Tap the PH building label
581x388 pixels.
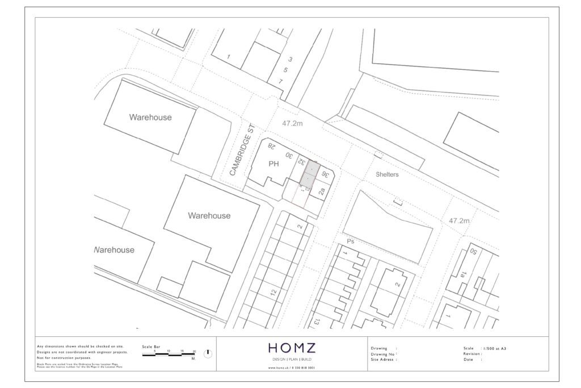point(274,164)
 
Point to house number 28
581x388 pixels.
point(271,146)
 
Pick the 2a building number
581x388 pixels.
point(322,192)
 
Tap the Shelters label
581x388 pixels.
point(387,174)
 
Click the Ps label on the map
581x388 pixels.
point(350,241)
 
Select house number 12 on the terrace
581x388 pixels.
point(273,293)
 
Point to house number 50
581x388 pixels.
point(472,252)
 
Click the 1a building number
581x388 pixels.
point(464,274)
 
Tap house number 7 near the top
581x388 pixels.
point(280,81)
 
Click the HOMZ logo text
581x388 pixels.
point(292,348)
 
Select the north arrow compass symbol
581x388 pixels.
point(208,353)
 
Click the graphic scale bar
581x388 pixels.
point(169,354)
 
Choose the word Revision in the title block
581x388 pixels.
point(473,353)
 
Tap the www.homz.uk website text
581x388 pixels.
point(291,368)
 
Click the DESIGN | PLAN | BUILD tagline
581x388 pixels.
point(291,360)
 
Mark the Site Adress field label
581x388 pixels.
point(382,360)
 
